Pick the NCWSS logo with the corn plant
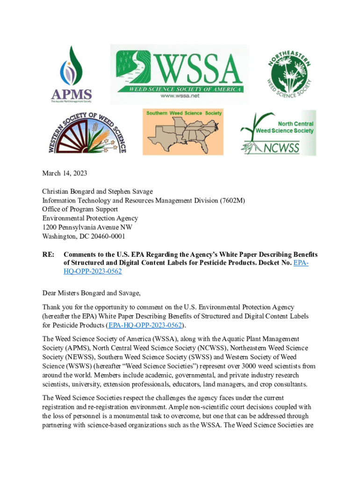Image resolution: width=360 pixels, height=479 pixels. [x=278, y=133]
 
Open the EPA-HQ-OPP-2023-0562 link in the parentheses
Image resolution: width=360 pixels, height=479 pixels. [x=145, y=325]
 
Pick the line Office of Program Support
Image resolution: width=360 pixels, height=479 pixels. [x=80, y=209]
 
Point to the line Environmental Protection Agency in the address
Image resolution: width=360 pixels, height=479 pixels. [x=90, y=218]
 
